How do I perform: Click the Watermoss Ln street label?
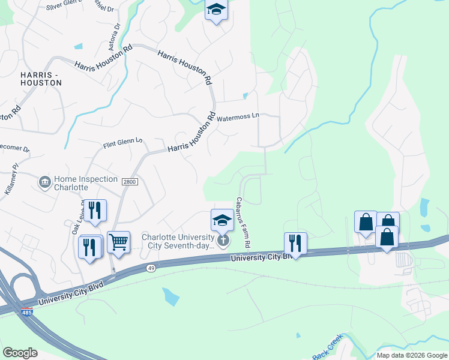coord(237,118)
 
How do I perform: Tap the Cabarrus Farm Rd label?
coord(243,223)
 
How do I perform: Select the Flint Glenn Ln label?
coord(122,143)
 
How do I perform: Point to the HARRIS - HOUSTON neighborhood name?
coord(41,79)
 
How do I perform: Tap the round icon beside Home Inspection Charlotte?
coord(44,182)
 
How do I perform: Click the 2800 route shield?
coord(130,182)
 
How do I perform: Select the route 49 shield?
coord(149,268)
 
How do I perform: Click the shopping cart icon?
coord(119,242)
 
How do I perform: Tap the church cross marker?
coord(223,241)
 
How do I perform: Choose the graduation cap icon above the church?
coord(222,220)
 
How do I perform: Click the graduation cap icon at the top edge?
coord(216,10)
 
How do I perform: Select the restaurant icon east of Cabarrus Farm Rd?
coord(295,242)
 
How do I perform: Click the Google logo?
coord(20,353)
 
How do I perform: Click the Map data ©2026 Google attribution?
coord(412,355)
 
